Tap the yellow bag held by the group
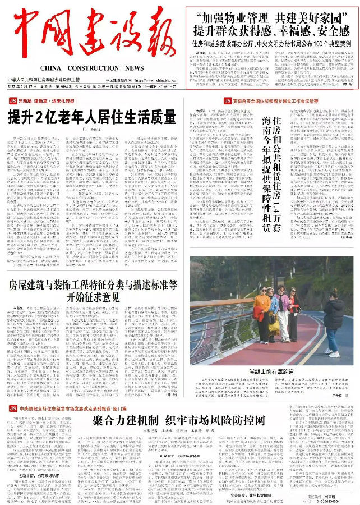274,325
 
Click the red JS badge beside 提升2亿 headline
12,100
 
